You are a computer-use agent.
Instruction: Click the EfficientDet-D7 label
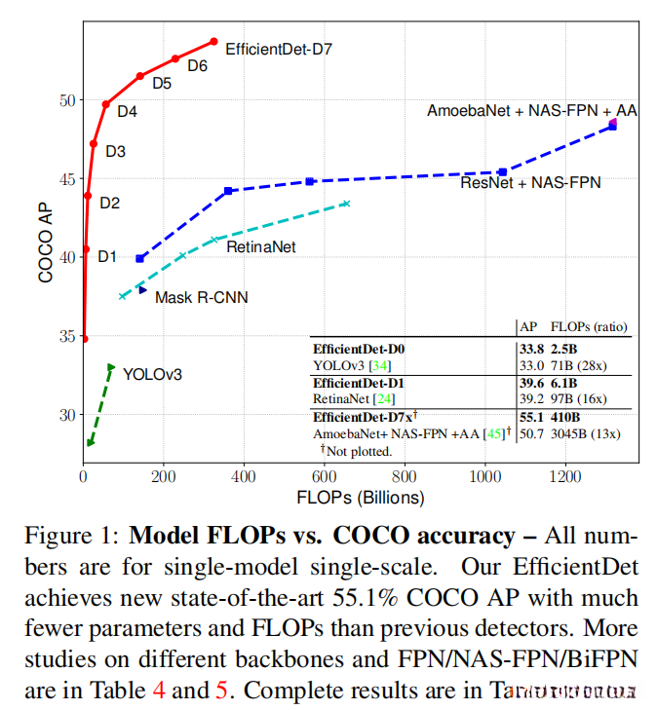click(279, 47)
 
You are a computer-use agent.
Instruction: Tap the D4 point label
click(127, 112)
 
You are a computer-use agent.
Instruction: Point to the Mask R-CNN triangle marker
click(142, 290)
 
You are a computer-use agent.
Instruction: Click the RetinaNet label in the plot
click(260, 248)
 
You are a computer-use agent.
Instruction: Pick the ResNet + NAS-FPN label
click(530, 182)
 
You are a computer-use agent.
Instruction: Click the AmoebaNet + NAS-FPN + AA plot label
click(531, 111)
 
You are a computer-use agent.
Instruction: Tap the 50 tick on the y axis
click(64, 100)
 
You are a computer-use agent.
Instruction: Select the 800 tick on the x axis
click(403, 478)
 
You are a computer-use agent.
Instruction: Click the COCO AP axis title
click(45, 237)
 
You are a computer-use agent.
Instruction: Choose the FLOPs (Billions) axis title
click(362, 498)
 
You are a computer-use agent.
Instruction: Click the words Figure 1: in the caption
click(72, 537)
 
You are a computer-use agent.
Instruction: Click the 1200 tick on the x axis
click(563, 478)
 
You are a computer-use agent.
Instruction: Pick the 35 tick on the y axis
click(64, 336)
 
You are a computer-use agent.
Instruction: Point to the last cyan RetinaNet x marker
click(345, 204)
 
